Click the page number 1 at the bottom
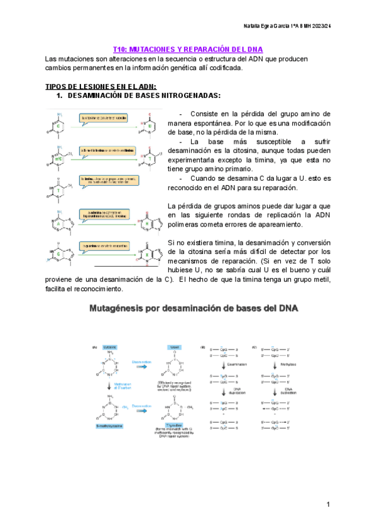click(x=328, y=505)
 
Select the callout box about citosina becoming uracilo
click(x=104, y=117)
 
